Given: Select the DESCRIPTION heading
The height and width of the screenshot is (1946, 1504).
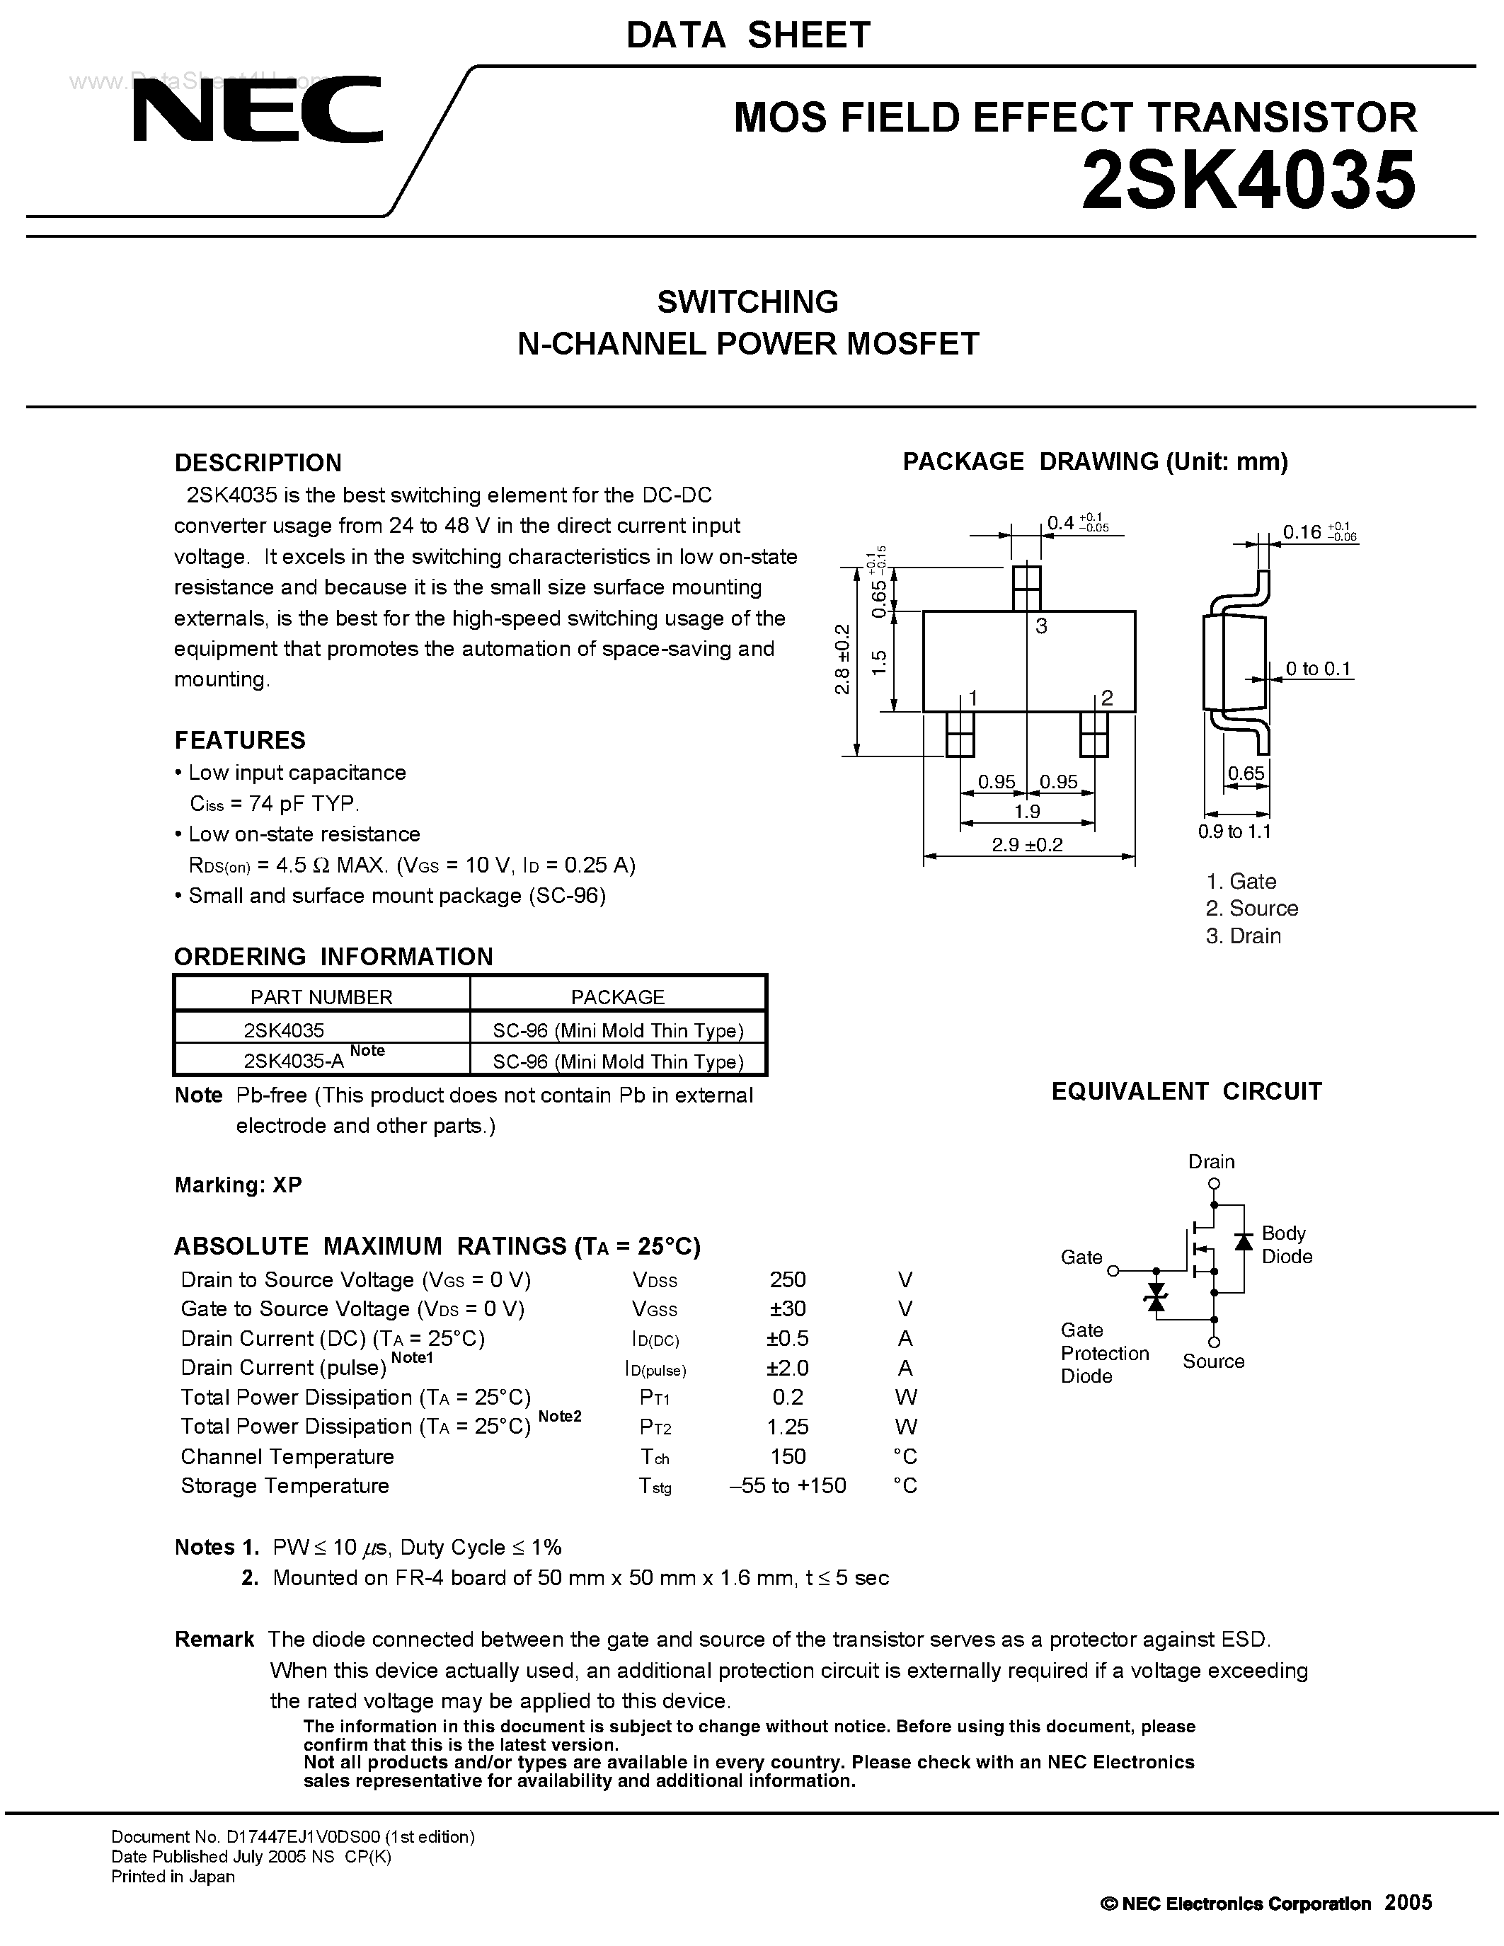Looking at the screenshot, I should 258,463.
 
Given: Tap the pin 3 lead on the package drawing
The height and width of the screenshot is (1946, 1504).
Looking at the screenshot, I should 1027,588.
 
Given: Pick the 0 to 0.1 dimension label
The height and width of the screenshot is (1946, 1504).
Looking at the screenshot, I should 1318,668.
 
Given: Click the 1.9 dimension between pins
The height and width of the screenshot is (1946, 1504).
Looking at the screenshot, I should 1027,811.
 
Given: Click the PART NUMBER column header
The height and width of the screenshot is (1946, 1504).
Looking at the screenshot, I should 321,997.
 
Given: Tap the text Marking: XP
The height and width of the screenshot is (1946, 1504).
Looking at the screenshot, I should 238,1184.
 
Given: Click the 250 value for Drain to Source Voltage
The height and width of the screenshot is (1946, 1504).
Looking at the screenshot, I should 787,1279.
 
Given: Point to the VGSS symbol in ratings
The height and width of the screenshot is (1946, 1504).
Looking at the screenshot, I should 654,1310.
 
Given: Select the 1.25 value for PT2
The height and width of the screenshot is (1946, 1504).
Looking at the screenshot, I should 787,1427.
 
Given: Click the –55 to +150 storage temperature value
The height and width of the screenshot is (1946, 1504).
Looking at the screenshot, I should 787,1485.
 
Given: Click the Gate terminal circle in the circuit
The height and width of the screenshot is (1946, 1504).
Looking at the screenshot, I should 1112,1271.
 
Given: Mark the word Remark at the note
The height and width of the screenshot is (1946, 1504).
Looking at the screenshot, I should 214,1640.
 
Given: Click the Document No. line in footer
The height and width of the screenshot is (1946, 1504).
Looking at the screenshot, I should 292,1836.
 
